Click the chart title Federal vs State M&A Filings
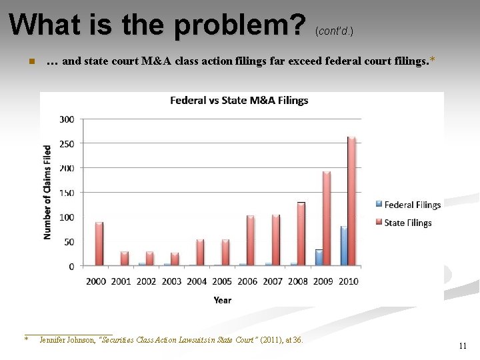(239, 101)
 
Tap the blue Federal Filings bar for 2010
(344, 246)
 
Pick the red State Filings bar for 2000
(99, 244)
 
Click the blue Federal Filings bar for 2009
(319, 257)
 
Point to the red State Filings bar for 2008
(301, 234)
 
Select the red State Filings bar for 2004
(200, 253)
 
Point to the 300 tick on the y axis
(67, 119)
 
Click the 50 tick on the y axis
(69, 242)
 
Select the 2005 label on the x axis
(222, 281)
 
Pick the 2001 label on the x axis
(121, 281)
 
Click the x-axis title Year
(222, 301)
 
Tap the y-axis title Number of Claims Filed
(47, 193)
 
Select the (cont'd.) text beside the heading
(334, 31)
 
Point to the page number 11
(463, 346)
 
